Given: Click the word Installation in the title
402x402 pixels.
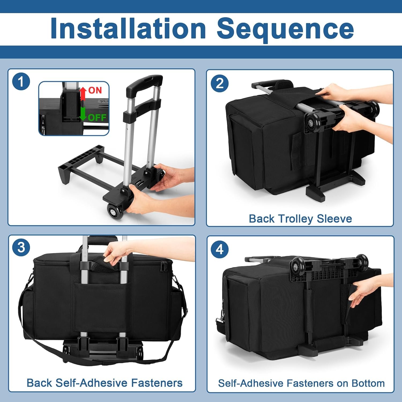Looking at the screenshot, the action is click(x=128, y=28).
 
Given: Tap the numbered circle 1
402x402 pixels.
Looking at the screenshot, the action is click(x=21, y=81).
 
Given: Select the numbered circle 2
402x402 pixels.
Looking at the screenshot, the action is click(x=220, y=83).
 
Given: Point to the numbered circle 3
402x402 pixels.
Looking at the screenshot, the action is click(x=21, y=247).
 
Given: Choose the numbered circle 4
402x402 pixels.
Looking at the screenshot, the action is click(x=220, y=249).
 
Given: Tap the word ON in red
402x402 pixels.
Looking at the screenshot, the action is click(x=95, y=90).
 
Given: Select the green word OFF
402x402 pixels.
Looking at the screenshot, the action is click(x=97, y=117).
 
